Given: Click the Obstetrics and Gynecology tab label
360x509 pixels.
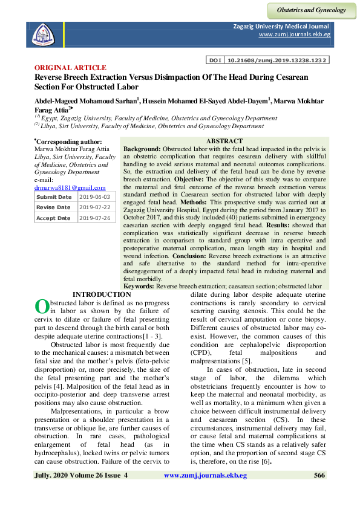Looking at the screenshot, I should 311,10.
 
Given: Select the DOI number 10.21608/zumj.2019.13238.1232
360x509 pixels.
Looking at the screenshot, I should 277,61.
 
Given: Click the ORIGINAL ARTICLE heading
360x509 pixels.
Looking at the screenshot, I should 71,68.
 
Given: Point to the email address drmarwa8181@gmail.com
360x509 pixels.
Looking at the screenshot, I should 70,188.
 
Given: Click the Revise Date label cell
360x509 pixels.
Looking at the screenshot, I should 54,207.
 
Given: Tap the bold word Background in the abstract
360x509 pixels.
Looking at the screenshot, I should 142,149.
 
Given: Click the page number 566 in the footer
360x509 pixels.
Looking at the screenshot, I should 320,476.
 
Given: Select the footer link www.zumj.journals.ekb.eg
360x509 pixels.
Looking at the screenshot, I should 206,476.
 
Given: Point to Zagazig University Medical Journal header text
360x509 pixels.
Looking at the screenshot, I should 281,27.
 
